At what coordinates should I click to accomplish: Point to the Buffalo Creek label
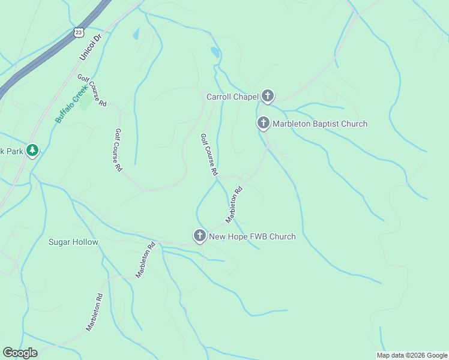pyautogui.click(x=72, y=103)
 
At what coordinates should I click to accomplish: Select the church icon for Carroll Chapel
pyautogui.click(x=267, y=96)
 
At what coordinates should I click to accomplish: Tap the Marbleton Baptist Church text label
pyautogui.click(x=320, y=124)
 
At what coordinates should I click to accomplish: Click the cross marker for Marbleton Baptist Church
pyautogui.click(x=263, y=124)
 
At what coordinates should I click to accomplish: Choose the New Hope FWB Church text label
pyautogui.click(x=252, y=237)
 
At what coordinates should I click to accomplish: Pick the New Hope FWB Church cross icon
pyautogui.click(x=199, y=236)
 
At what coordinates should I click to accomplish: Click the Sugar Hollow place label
pyautogui.click(x=73, y=242)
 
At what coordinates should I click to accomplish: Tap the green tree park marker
pyautogui.click(x=33, y=151)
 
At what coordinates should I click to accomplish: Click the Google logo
pyautogui.click(x=20, y=353)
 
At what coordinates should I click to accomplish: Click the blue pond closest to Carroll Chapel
pyautogui.click(x=215, y=52)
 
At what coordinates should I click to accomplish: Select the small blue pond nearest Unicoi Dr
pyautogui.click(x=136, y=34)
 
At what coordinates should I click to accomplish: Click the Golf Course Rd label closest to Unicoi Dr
pyautogui.click(x=92, y=90)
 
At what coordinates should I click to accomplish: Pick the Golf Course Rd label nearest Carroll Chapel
pyautogui.click(x=208, y=154)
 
